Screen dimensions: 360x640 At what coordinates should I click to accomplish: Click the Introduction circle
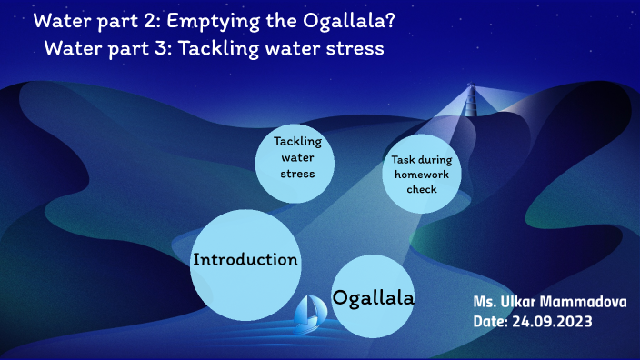coord(245,264)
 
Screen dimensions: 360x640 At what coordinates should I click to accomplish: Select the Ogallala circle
coord(374,296)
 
